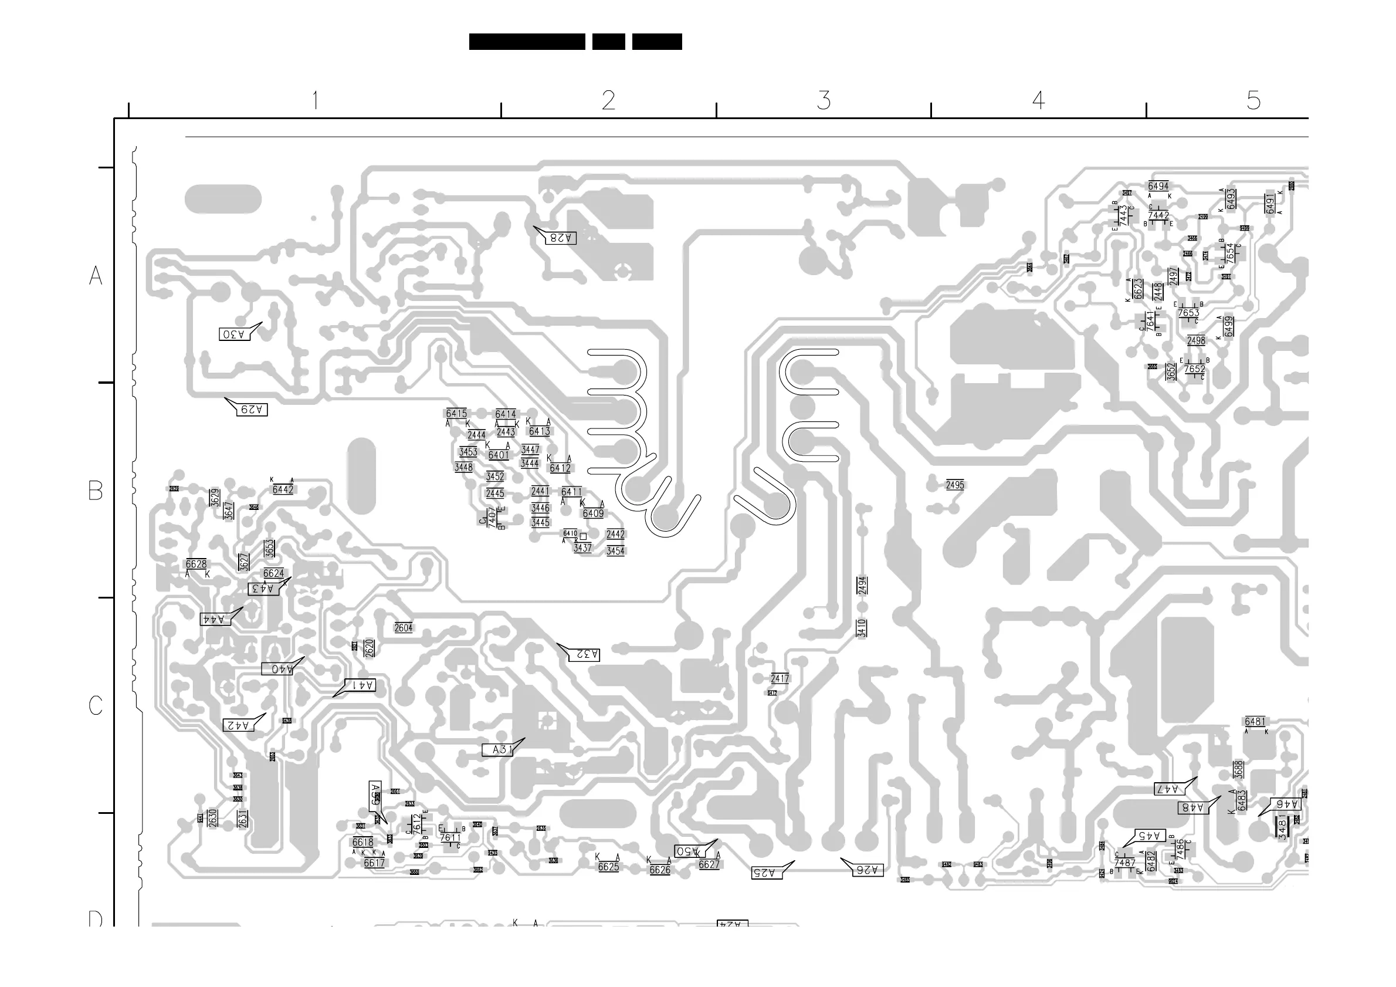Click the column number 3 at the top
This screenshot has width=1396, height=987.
(x=824, y=100)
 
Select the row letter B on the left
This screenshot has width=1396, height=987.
(x=96, y=490)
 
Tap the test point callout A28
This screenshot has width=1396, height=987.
(x=560, y=238)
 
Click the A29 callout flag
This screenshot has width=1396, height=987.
(x=251, y=409)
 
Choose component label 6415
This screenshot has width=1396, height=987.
(x=456, y=414)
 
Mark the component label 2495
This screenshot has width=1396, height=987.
(x=954, y=485)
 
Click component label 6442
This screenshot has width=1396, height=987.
(x=283, y=489)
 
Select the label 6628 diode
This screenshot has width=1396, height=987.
(x=196, y=564)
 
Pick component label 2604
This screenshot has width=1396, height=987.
(x=403, y=628)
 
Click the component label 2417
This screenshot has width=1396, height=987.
(x=780, y=678)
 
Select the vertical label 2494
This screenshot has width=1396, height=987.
(x=862, y=586)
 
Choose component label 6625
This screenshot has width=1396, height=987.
(x=608, y=867)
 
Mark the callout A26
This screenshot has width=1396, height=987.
(x=868, y=870)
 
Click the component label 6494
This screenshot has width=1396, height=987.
(x=1158, y=186)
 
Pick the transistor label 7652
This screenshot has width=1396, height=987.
(x=1194, y=369)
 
